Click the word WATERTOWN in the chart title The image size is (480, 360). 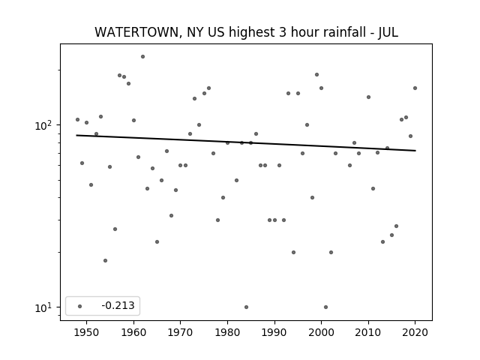136,32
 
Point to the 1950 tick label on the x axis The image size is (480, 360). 87,332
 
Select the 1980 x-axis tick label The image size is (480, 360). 227,332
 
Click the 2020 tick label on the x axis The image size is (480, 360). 415,332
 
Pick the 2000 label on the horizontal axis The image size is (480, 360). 321,332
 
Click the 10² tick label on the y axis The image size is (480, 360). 43,125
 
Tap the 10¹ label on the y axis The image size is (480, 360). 43,307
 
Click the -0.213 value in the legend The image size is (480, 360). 118,305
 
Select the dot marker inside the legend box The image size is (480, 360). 80,306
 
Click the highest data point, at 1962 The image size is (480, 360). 142,57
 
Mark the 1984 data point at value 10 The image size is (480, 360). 246,307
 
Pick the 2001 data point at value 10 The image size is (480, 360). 325,307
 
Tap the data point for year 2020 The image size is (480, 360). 415,88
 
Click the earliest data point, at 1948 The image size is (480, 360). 77,120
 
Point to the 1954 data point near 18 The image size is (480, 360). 105,260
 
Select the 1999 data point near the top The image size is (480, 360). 316,75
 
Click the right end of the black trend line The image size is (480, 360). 415,151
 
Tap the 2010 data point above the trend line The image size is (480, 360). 368,97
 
